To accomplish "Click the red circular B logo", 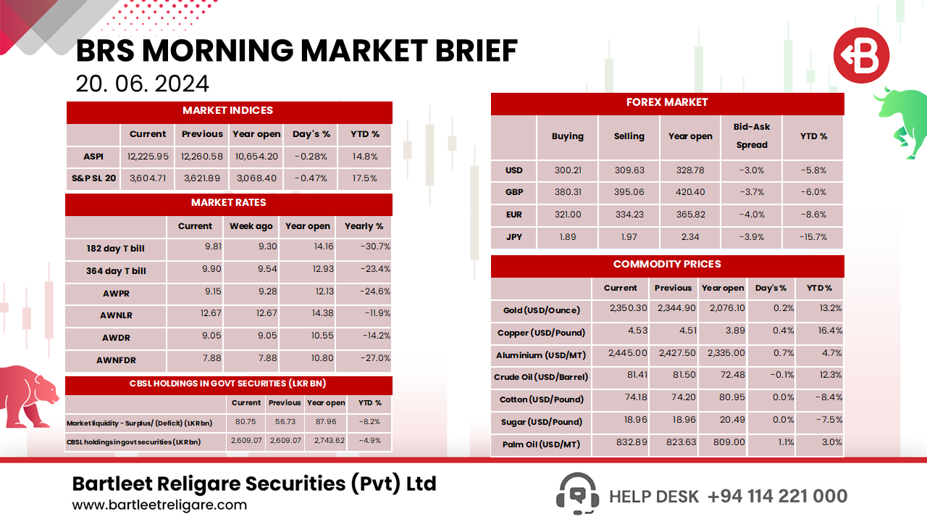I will (860, 55).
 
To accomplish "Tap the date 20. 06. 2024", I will (143, 84).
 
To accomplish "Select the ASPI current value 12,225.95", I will (148, 157).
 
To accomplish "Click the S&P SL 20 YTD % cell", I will (364, 178).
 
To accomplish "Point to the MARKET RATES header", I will (229, 203).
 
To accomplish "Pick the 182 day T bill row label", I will (115, 249).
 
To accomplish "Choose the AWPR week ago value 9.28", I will (251, 291).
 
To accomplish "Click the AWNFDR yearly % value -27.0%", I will (375, 358).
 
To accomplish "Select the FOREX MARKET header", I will (667, 103).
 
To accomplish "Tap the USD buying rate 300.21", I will (568, 171).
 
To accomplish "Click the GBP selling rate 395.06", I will (629, 193).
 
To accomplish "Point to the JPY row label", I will (514, 237).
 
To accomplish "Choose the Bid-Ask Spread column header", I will (752, 136).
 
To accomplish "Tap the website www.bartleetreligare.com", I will (159, 505).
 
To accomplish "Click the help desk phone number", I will (777, 497).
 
